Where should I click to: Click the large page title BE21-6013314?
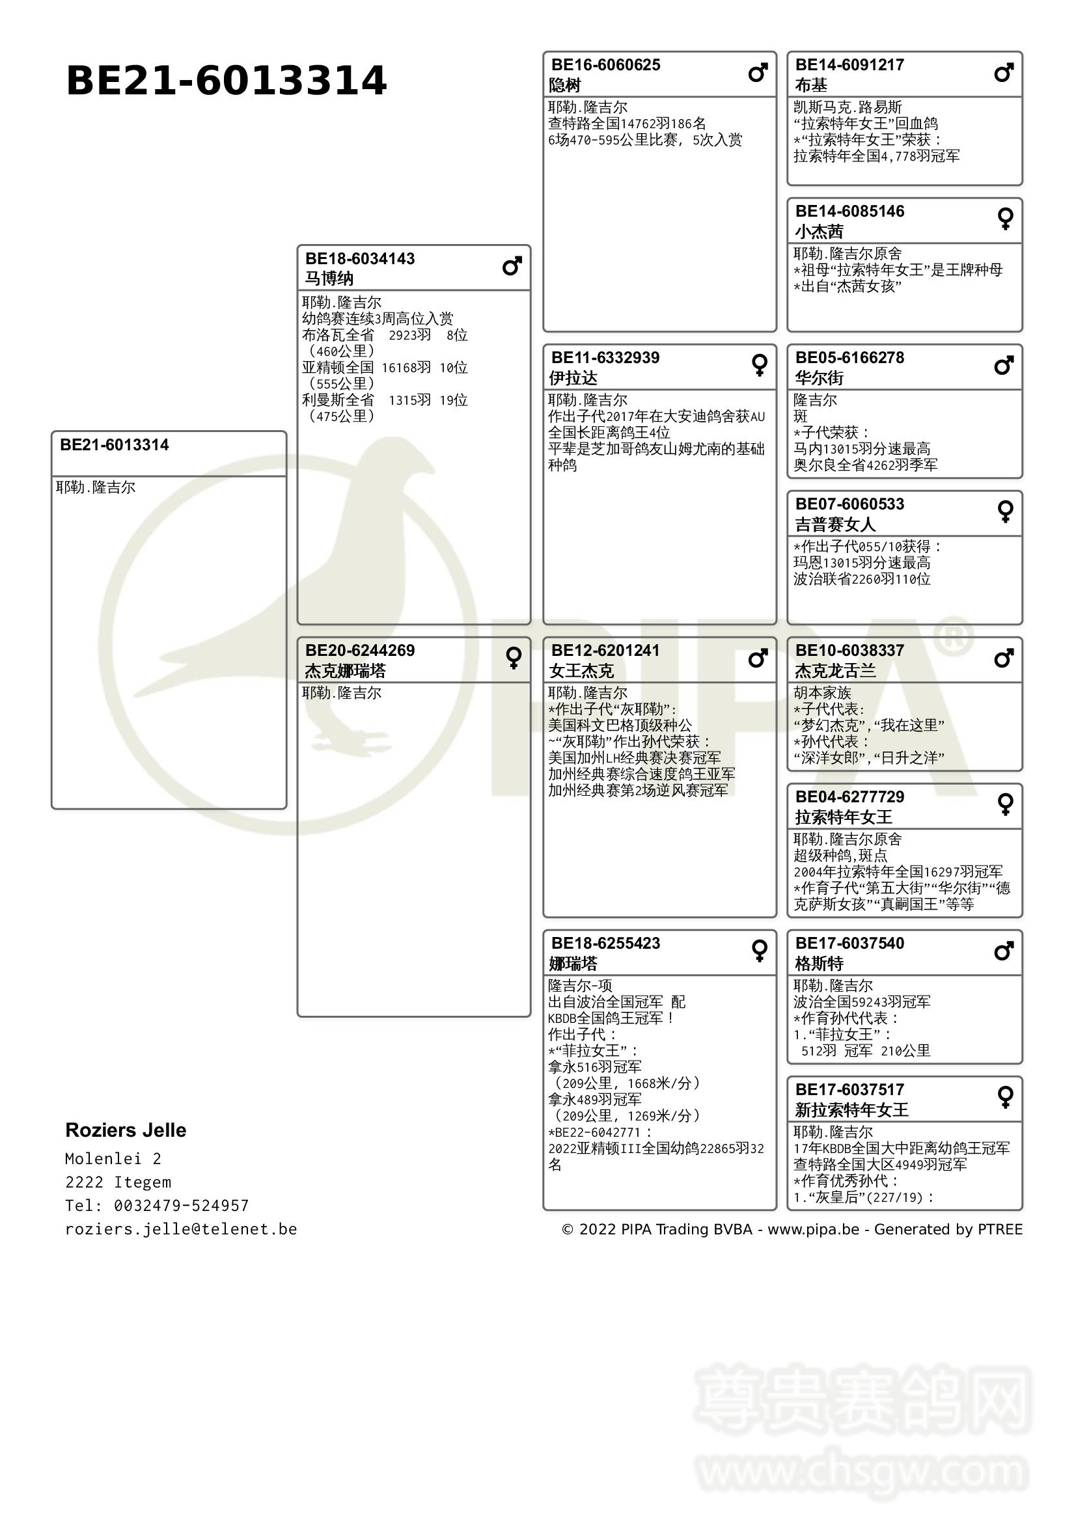pos(226,81)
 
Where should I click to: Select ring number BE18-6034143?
pos(360,258)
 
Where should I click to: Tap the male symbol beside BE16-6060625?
pos(758,72)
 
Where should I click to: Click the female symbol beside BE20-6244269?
pos(513,658)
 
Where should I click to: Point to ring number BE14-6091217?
pos(849,65)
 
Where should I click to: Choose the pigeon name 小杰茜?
pos(819,232)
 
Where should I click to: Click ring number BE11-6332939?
pos(605,358)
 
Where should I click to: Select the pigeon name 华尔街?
pos(819,378)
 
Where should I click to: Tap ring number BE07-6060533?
pos(849,504)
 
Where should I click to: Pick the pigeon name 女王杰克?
pos(581,671)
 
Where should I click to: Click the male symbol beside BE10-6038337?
pos(1004,659)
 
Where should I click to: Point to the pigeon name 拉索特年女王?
pos(844,817)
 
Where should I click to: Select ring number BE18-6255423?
pos(605,944)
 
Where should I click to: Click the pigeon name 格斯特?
pos(819,963)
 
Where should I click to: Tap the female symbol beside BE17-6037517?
pos(1005,1097)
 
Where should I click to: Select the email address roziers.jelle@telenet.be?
pos(181,1229)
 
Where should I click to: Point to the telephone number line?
pos(156,1205)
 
